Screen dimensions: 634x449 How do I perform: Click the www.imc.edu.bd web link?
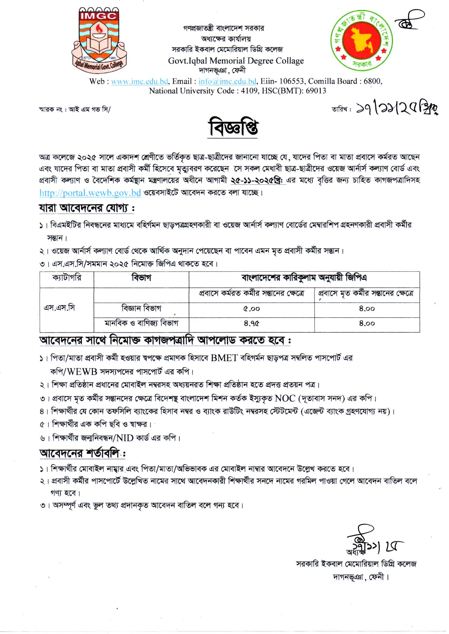tap(140, 81)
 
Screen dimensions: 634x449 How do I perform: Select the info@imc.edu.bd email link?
tap(227, 81)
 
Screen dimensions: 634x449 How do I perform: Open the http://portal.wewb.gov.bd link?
tap(90, 193)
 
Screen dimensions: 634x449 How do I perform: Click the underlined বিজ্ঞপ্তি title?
tap(233, 129)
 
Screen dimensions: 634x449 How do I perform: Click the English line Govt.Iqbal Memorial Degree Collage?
tap(236, 61)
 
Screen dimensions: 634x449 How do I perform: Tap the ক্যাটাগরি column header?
tap(67, 277)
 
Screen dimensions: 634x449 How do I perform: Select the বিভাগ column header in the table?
tap(141, 278)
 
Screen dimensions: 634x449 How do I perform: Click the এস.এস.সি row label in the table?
tap(59, 308)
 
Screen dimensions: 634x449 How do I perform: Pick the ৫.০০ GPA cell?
tap(251, 308)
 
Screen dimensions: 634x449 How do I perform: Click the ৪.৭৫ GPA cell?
tap(251, 323)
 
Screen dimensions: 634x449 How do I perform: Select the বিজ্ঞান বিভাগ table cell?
tap(141, 308)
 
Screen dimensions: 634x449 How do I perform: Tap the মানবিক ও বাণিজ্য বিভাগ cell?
tap(141, 323)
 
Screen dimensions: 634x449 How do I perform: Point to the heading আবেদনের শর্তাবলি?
tap(82, 453)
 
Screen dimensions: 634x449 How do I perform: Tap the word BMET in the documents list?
tap(224, 358)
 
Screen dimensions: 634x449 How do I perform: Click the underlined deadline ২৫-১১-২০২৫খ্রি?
tap(258, 180)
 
